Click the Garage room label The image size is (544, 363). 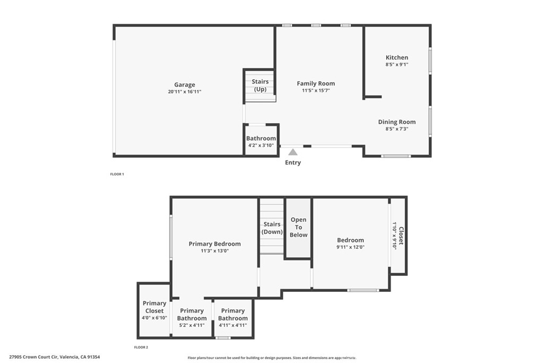point(184,85)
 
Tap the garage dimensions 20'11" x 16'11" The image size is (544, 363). point(184,92)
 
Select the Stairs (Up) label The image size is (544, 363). point(260,86)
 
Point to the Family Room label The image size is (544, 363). point(316,83)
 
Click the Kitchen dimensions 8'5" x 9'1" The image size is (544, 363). point(397,64)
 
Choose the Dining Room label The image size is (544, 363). point(397,122)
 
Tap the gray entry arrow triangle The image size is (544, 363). point(293,152)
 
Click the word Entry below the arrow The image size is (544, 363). point(293,163)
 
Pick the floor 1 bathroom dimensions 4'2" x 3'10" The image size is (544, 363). point(261,146)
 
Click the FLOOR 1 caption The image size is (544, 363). point(116,174)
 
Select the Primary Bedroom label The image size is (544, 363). point(215,244)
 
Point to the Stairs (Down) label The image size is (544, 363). point(272,228)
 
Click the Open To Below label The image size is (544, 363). point(299,227)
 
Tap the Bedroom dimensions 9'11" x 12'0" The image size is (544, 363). point(351,247)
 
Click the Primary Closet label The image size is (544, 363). point(155,307)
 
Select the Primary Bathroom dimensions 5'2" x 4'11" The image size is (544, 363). point(192,325)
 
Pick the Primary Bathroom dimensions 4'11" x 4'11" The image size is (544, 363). point(233,325)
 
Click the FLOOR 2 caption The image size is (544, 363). point(141,347)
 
